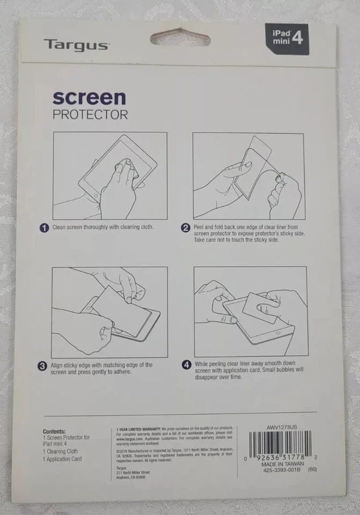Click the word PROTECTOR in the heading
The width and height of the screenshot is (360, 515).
(90, 114)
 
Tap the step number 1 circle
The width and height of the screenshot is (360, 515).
(45, 228)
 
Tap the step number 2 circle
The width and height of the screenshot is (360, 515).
(186, 229)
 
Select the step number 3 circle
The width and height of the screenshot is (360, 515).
(41, 367)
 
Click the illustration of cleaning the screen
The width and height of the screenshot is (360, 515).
(109, 175)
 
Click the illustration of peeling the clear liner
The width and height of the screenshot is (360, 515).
(249, 175)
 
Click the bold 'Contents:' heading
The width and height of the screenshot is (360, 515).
(54, 431)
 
